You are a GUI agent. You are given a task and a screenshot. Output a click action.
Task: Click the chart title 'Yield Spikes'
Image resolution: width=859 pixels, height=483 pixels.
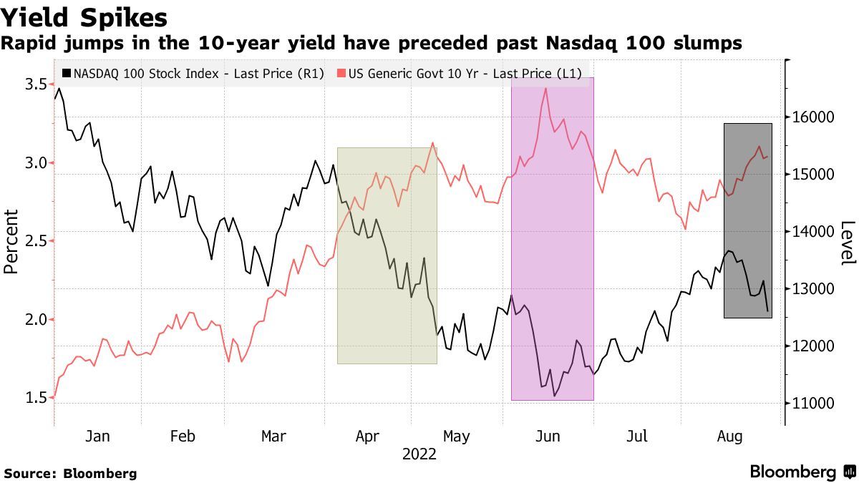point(84,17)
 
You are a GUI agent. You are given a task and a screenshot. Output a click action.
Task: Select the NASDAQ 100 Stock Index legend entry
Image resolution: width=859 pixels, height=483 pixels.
point(193,73)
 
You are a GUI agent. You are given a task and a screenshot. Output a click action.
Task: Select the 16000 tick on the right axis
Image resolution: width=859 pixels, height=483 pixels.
point(812,117)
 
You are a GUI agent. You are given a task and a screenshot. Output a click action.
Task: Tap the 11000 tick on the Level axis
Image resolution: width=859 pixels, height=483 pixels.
point(812,404)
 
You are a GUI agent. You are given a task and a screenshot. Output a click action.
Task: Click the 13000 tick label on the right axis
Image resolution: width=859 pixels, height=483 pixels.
point(812,289)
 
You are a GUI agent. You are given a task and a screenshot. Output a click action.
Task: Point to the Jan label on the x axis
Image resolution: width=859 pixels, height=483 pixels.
point(97,436)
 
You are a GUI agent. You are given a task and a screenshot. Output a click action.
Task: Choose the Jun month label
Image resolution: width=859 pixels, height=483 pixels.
point(548,436)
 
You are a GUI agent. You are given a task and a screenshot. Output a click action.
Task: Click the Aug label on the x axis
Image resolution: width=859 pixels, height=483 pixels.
point(729,436)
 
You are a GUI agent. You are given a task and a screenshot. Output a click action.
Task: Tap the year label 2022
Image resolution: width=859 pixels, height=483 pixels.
point(419,454)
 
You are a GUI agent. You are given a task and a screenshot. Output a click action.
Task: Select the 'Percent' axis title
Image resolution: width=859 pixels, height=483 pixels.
point(11,242)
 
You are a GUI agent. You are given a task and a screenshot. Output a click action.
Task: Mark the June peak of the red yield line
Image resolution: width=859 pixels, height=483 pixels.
point(546,88)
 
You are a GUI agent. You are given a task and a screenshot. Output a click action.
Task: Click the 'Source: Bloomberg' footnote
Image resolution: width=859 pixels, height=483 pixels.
point(70,473)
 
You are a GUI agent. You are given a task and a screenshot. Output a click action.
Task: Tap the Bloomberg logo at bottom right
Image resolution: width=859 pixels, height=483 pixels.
point(802,472)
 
